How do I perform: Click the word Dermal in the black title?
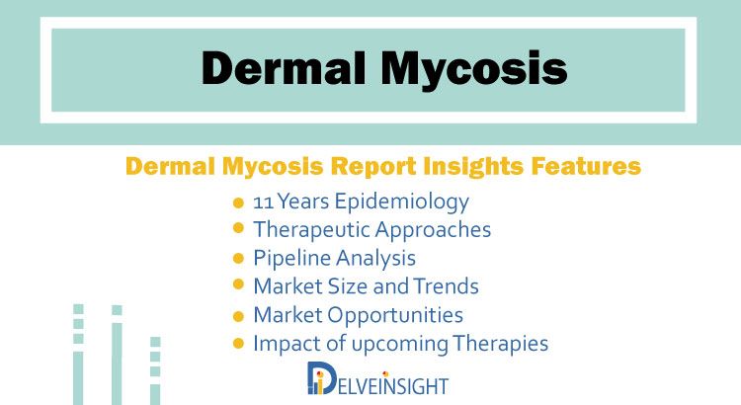pos(284,68)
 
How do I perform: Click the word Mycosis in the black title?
pos(474,70)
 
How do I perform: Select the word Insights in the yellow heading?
pos(473,166)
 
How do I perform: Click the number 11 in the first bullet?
pos(263,202)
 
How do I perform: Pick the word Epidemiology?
pos(402,202)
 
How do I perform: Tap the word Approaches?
pos(433,230)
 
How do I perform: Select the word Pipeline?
pos(292,259)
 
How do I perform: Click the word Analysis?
pos(375,259)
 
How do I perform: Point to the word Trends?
pos(447,286)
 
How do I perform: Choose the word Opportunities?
pos(395,315)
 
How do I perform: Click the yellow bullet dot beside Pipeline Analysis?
pos(239,259)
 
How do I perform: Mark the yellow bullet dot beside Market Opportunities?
pos(239,316)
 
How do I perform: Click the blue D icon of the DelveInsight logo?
pos(322,378)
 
